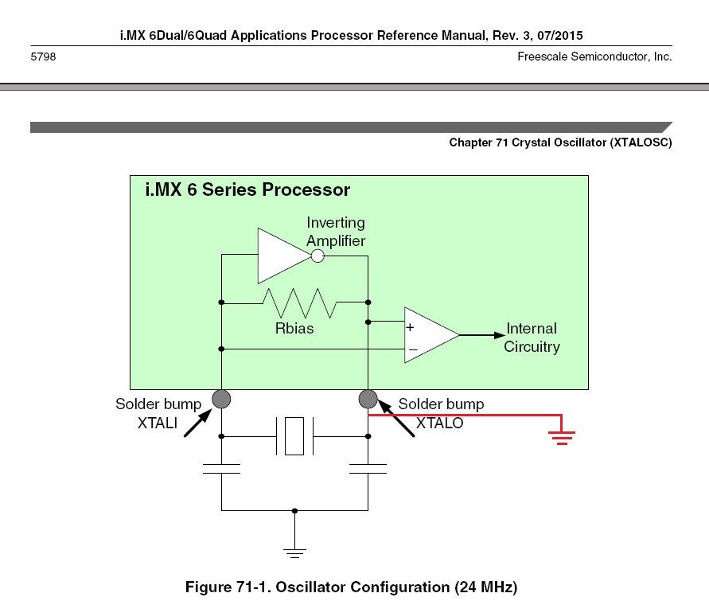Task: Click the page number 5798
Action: pyautogui.click(x=43, y=57)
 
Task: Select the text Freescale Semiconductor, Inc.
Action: pyautogui.click(x=594, y=57)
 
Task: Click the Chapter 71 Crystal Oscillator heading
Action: pyautogui.click(x=560, y=142)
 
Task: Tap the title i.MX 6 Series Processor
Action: pyautogui.click(x=247, y=190)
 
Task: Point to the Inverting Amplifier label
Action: pyautogui.click(x=336, y=232)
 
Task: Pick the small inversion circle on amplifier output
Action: pyautogui.click(x=317, y=256)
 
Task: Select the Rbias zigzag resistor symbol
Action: pyautogui.click(x=301, y=302)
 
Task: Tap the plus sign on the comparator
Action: pyautogui.click(x=411, y=326)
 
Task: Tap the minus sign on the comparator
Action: pyautogui.click(x=412, y=349)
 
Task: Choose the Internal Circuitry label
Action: pyautogui.click(x=532, y=338)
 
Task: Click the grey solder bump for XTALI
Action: pyautogui.click(x=221, y=398)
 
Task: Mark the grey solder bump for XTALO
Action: pyautogui.click(x=368, y=398)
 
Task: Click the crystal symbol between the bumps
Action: pyautogui.click(x=294, y=436)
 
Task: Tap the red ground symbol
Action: pyautogui.click(x=562, y=435)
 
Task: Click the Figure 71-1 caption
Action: pyautogui.click(x=351, y=587)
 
